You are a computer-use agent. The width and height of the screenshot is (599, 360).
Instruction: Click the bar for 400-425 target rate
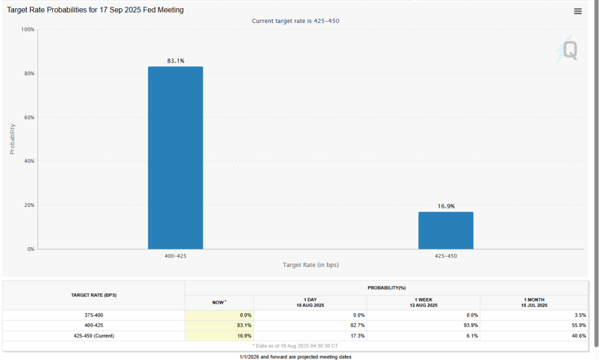point(175,158)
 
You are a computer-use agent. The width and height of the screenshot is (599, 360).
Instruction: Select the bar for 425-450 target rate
point(446,231)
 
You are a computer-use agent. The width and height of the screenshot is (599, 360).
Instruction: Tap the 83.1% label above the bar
point(175,61)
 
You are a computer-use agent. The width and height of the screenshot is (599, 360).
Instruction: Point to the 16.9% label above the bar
point(446,206)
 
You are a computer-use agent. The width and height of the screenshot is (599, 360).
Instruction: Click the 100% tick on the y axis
point(27,29)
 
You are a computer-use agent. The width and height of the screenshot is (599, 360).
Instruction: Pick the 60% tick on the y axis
point(28,117)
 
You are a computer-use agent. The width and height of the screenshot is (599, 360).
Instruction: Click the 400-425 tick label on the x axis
point(175,256)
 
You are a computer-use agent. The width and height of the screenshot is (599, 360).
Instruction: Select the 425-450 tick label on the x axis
point(446,256)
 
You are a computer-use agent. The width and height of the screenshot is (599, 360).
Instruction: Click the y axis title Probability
point(12,139)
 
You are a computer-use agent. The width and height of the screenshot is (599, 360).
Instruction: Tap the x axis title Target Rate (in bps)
point(311,265)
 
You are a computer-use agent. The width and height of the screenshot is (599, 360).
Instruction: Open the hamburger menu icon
point(578,12)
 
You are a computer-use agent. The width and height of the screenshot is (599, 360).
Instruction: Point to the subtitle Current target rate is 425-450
point(295,21)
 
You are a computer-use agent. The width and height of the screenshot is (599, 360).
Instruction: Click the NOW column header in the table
point(219,303)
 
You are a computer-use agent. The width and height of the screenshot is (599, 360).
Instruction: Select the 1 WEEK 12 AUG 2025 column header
point(424,303)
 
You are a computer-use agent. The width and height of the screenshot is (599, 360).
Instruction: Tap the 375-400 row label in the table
point(94,315)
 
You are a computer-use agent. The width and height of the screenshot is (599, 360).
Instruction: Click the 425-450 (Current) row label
point(94,336)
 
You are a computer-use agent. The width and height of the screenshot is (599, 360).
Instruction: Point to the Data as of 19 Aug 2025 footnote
point(295,346)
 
